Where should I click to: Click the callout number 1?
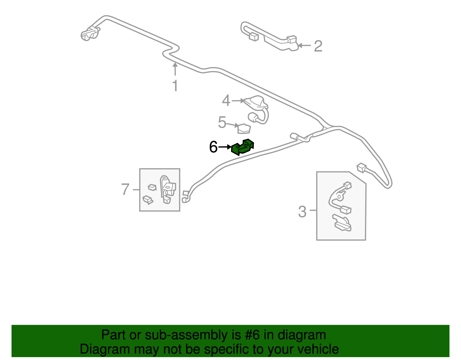175,86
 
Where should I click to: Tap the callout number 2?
318,46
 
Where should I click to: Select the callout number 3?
302,212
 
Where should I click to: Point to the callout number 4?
226,101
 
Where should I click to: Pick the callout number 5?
222,122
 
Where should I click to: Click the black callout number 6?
213,147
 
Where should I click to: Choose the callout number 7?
125,190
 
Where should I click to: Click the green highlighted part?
243,147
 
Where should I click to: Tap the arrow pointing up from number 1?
175,69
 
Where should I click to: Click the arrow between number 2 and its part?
304,45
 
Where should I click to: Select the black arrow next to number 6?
225,147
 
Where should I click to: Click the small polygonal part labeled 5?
244,129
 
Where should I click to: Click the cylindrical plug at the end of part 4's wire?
253,117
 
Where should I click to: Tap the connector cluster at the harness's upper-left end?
90,33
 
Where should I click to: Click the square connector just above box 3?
361,168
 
